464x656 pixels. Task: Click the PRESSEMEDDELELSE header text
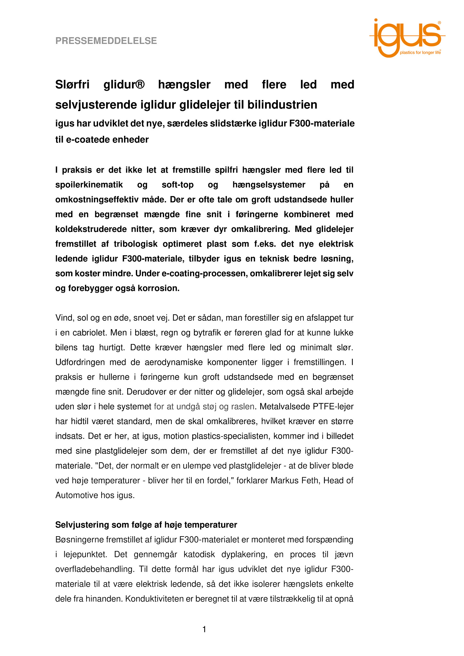(x=106, y=41)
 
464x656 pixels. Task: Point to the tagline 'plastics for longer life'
(x=420, y=53)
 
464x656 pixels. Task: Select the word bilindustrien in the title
(x=282, y=105)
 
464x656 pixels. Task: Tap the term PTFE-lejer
(x=333, y=406)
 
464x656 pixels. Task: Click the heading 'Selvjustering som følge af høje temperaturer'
(x=146, y=525)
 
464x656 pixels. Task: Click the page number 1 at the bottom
(x=204, y=629)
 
